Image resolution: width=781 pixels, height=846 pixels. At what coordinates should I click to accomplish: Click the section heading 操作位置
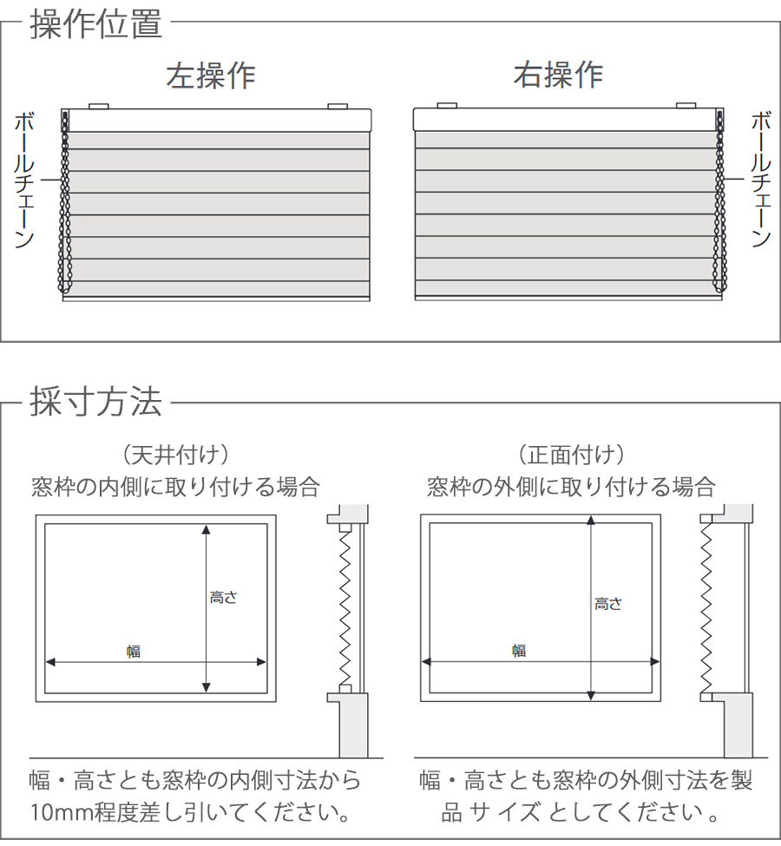[95, 23]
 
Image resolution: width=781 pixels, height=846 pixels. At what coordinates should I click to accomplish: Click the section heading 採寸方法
[95, 402]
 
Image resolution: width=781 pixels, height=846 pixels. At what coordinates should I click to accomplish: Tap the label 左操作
[211, 75]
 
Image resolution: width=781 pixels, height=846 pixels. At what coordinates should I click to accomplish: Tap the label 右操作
[558, 75]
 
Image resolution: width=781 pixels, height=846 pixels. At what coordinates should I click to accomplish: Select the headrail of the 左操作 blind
[217, 120]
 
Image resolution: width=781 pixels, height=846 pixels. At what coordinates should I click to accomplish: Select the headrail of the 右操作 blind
[566, 120]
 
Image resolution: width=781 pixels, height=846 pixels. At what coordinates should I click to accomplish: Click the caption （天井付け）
[176, 454]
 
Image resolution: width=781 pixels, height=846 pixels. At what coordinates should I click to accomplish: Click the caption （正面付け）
[571, 454]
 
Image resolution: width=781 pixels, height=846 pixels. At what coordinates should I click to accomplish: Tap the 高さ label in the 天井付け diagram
[223, 597]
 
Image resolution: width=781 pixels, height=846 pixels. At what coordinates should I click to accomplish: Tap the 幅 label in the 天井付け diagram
[133, 652]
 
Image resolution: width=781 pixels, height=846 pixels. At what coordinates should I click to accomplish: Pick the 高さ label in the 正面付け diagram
[608, 604]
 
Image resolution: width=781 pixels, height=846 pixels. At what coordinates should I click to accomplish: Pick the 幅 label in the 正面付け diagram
[518, 650]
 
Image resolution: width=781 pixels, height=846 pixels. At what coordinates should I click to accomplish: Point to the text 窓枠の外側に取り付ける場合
[571, 486]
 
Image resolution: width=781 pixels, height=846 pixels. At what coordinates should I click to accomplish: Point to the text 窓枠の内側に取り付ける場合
[175, 486]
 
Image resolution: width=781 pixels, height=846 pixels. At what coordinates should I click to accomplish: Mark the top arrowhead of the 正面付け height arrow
[591, 520]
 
